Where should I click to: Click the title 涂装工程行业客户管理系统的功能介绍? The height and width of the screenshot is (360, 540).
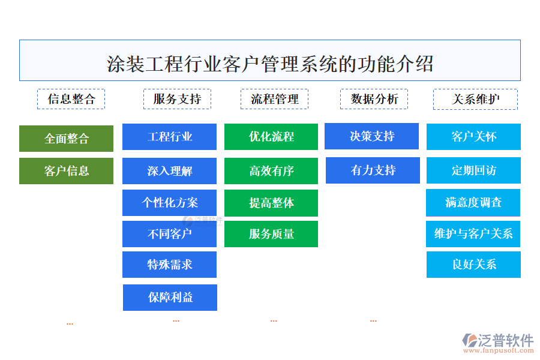point(270,62)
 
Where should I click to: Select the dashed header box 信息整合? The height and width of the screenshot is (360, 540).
point(71,99)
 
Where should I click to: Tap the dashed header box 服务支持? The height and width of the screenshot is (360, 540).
point(177,99)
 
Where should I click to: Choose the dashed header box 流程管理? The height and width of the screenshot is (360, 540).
point(275,99)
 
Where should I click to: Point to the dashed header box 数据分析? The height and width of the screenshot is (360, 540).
point(374,99)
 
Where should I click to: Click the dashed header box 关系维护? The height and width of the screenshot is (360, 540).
point(475,99)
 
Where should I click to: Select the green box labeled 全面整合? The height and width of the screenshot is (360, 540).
point(66,139)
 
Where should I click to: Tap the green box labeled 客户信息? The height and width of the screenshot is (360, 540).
point(66,171)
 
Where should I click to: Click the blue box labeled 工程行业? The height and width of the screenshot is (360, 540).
point(169,137)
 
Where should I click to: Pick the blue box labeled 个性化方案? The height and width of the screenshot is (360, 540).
point(169,203)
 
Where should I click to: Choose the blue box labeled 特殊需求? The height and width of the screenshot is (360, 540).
point(169,265)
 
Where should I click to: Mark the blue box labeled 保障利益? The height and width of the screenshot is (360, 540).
point(170,298)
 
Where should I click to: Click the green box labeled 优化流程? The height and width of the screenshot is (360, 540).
point(271,137)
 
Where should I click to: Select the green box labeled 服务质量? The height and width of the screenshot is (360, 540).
point(271,234)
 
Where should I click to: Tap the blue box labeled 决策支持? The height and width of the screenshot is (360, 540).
point(371,136)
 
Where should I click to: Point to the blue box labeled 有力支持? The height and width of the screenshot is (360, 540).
point(373,170)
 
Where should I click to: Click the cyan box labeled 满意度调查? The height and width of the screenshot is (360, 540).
point(473,203)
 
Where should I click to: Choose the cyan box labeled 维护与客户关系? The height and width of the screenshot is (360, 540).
point(473,234)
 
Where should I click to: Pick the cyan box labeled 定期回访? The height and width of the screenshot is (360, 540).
point(473,170)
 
